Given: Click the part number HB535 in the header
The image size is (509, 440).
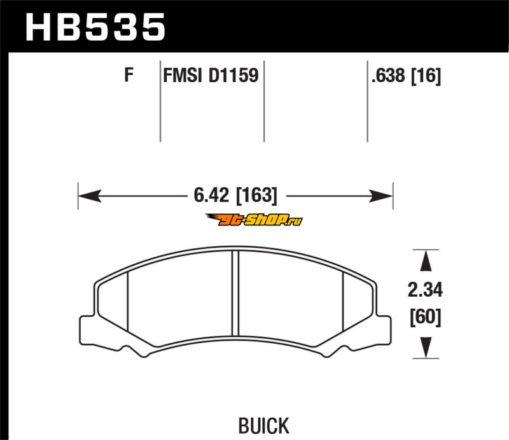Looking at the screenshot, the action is [95, 27].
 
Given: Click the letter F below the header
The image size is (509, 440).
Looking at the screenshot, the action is [129, 75].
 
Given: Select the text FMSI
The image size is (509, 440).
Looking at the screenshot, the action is [182, 75].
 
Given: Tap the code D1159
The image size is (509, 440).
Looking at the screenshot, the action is [233, 75].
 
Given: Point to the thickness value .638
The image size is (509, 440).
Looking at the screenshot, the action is [389, 76].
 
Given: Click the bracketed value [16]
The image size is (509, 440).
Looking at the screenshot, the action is [426, 76].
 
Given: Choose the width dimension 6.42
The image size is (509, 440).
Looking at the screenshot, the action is [211, 195].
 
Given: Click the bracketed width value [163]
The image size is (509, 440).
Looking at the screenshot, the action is [257, 195].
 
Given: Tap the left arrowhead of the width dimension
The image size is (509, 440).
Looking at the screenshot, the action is [90, 196].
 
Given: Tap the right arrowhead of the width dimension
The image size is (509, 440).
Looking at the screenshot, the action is [381, 196].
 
